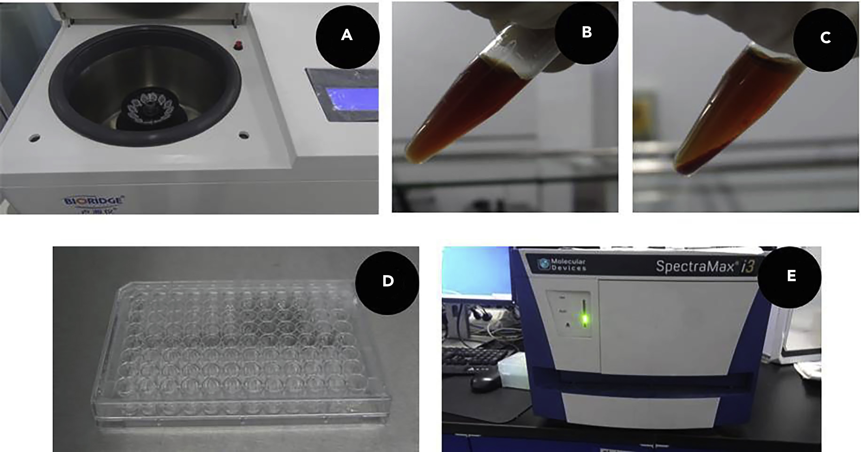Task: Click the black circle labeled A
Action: tap(347, 37)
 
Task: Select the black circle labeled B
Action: tap(587, 33)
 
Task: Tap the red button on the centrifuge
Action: tap(238, 45)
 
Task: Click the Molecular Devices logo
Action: tap(561, 264)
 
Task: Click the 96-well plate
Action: tap(241, 350)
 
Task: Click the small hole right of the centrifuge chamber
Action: tap(244, 135)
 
